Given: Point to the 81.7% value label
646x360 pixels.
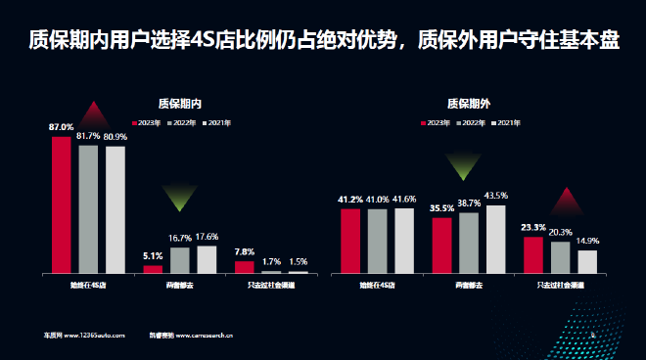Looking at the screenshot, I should (x=89, y=136).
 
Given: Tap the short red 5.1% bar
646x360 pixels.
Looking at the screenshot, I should (x=153, y=268).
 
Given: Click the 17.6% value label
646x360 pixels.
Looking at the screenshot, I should (x=207, y=237).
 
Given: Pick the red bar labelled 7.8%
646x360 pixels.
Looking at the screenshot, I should (x=244, y=266).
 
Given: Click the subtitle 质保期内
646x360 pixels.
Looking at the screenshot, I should (x=179, y=103).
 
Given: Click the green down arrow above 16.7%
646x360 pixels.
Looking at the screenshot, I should (x=179, y=199).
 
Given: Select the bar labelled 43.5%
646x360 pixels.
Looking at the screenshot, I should (x=496, y=239).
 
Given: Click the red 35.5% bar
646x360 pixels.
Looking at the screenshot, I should (x=441, y=245).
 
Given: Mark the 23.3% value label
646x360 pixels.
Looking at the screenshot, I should (x=533, y=227).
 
